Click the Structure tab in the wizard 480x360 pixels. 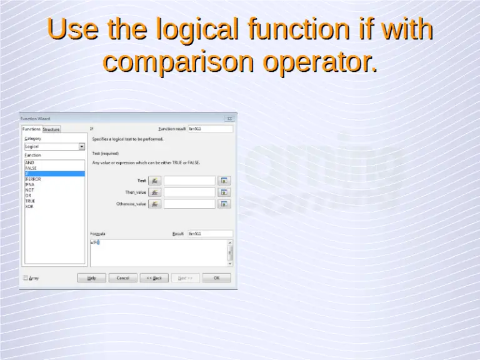point(51,129)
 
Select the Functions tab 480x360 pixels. point(32,129)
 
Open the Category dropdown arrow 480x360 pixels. point(82,147)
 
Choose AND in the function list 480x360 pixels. point(29,162)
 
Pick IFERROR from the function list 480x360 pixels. point(33,179)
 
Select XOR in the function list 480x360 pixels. point(29,207)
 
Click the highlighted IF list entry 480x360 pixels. point(54,174)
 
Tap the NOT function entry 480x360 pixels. point(29,190)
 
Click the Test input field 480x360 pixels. point(189,181)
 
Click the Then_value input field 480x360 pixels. point(189,192)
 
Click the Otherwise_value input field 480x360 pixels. point(189,204)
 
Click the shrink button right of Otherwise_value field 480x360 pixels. point(224,204)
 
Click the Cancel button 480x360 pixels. point(123,278)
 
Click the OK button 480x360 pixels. point(216,278)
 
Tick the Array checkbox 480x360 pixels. point(26,278)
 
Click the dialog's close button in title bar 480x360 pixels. point(229,118)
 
